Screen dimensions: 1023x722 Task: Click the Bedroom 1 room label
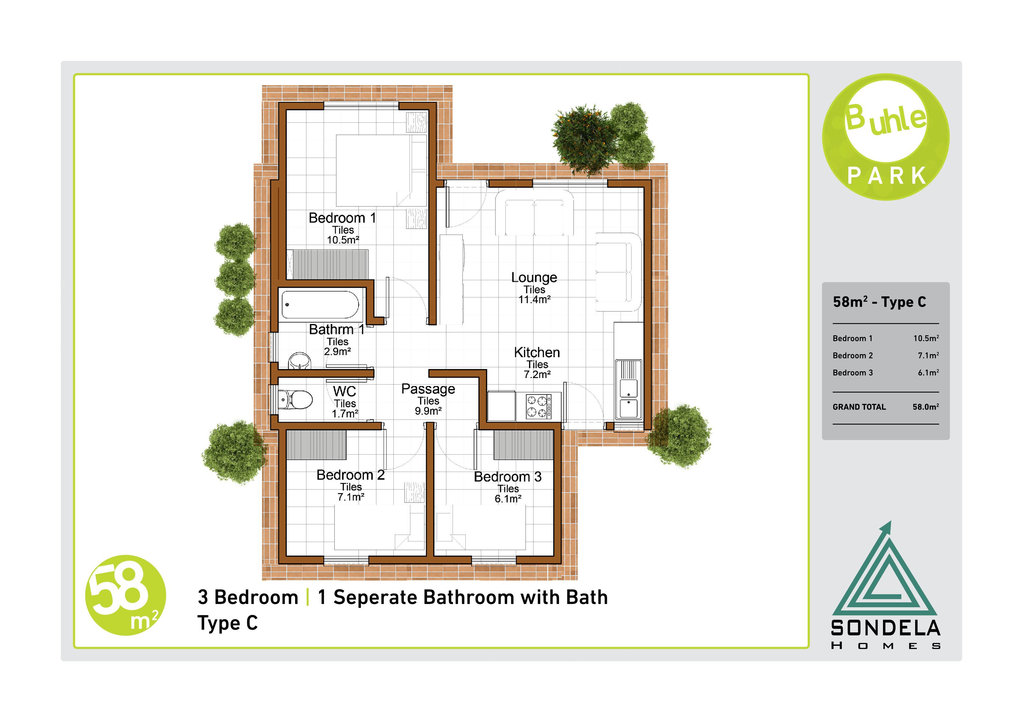[342, 218]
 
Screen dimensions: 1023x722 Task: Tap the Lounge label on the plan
[534, 278]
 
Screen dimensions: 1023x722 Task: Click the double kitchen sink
[628, 390]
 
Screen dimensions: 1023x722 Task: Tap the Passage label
[428, 389]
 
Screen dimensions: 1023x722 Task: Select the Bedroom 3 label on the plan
[507, 477]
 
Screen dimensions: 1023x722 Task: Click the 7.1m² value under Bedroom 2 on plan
[351, 497]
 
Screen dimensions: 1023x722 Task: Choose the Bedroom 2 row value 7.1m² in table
[928, 355]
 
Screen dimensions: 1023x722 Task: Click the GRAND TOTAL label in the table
[859, 407]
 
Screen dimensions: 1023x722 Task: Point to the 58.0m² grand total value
[925, 407]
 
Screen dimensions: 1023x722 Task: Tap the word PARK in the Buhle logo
[886, 176]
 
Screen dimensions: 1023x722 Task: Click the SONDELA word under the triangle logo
[885, 628]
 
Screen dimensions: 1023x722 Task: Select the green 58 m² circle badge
[126, 595]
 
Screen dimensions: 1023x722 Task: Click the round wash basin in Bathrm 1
[299, 361]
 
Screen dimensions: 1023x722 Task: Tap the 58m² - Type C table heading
[879, 302]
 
